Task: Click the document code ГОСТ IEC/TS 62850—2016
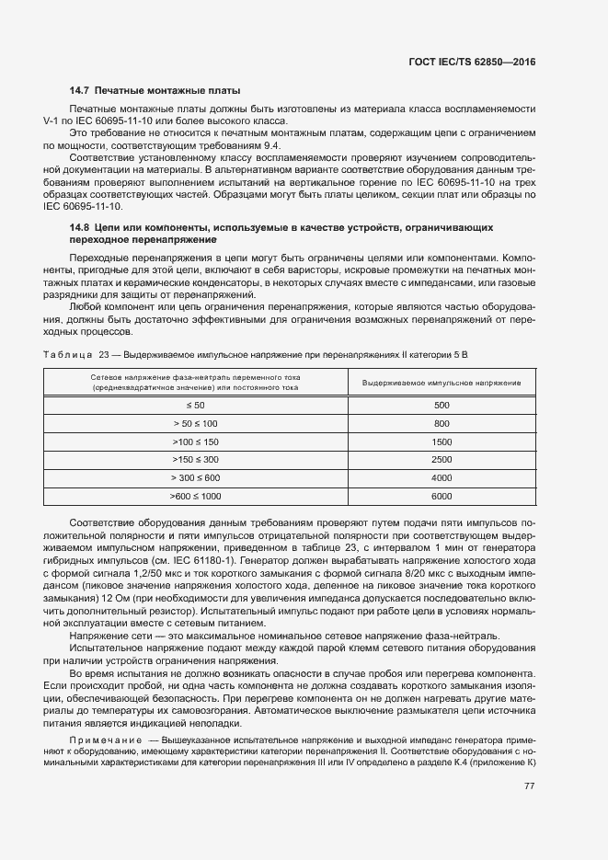471,61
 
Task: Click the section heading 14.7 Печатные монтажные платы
155,91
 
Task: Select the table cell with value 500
442,406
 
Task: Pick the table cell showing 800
442,423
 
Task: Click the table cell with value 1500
442,441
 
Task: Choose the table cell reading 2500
442,460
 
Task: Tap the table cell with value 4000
442,478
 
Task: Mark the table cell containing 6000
442,497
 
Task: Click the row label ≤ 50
195,406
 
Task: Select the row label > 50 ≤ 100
195,423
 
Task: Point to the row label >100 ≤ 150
195,441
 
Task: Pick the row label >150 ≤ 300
195,460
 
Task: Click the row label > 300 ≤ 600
195,478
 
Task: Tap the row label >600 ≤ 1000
195,497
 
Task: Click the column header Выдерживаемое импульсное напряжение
442,383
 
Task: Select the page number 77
529,786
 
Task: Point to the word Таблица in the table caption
68,354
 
